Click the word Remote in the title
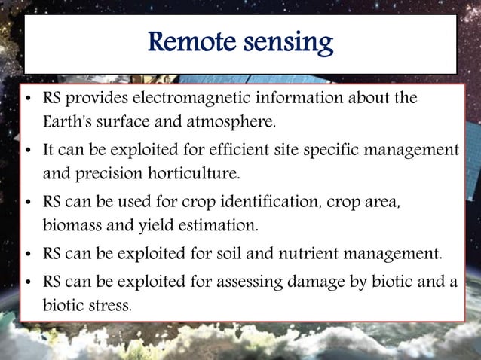pos(195,43)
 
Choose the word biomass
pos(72,224)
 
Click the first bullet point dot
pos(28,99)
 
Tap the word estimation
pos(219,224)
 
